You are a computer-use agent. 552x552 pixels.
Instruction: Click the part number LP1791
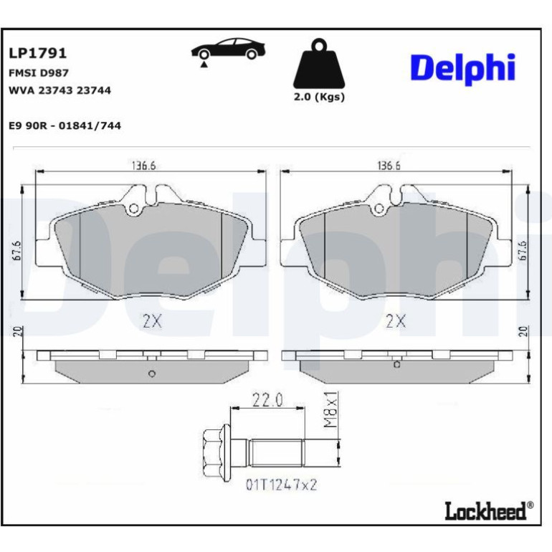click(37, 53)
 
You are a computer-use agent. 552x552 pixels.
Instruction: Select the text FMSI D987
click(39, 73)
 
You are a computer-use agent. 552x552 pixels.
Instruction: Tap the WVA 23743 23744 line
click(60, 90)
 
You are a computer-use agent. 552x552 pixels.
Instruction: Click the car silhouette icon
click(228, 51)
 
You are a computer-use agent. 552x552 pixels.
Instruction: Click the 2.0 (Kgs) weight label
click(319, 97)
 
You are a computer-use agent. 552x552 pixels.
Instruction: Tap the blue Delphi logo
click(462, 69)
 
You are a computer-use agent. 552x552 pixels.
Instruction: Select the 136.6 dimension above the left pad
click(143, 166)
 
